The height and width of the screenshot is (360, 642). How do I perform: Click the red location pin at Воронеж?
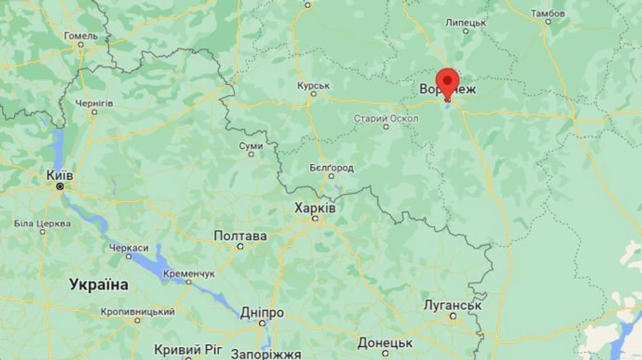pyautogui.click(x=447, y=81)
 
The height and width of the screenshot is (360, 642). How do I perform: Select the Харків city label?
pyautogui.click(x=315, y=207)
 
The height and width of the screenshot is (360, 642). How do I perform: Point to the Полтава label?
pyautogui.click(x=240, y=236)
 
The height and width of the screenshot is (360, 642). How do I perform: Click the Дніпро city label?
pyautogui.click(x=262, y=313)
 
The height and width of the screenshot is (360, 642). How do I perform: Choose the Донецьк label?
pyautogui.click(x=385, y=343)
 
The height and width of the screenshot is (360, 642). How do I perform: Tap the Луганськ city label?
pyautogui.click(x=452, y=305)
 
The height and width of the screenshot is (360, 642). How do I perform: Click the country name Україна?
pyautogui.click(x=99, y=284)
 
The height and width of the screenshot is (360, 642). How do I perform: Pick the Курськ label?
pyautogui.click(x=313, y=86)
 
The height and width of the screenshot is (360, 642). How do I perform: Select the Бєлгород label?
pyautogui.click(x=331, y=168)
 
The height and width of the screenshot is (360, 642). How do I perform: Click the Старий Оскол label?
pyautogui.click(x=386, y=118)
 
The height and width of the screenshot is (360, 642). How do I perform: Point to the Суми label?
pyautogui.click(x=251, y=145)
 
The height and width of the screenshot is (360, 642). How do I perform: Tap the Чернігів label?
pyautogui.click(x=94, y=103)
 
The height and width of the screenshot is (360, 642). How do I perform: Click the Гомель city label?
pyautogui.click(x=81, y=36)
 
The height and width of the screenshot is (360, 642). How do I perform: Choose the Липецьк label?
pyautogui.click(x=466, y=22)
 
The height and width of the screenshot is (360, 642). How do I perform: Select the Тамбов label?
pyautogui.click(x=548, y=13)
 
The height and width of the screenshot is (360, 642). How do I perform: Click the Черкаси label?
pyautogui.click(x=128, y=247)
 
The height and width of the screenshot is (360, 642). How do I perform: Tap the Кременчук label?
pyautogui.click(x=188, y=273)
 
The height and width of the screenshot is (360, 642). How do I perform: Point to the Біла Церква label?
pyautogui.click(x=42, y=223)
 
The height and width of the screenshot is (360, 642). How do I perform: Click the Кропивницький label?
pyautogui.click(x=138, y=312)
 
